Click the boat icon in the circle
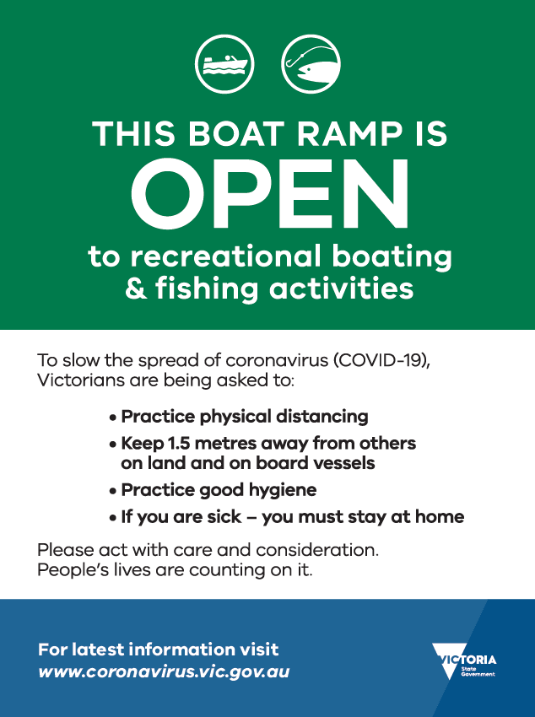(224, 64)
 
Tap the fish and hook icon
(311, 64)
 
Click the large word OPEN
(270, 193)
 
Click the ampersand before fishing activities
(136, 288)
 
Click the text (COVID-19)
(381, 360)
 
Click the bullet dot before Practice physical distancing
(113, 418)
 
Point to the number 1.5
(179, 443)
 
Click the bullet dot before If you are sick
(113, 518)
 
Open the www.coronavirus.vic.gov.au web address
(164, 671)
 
